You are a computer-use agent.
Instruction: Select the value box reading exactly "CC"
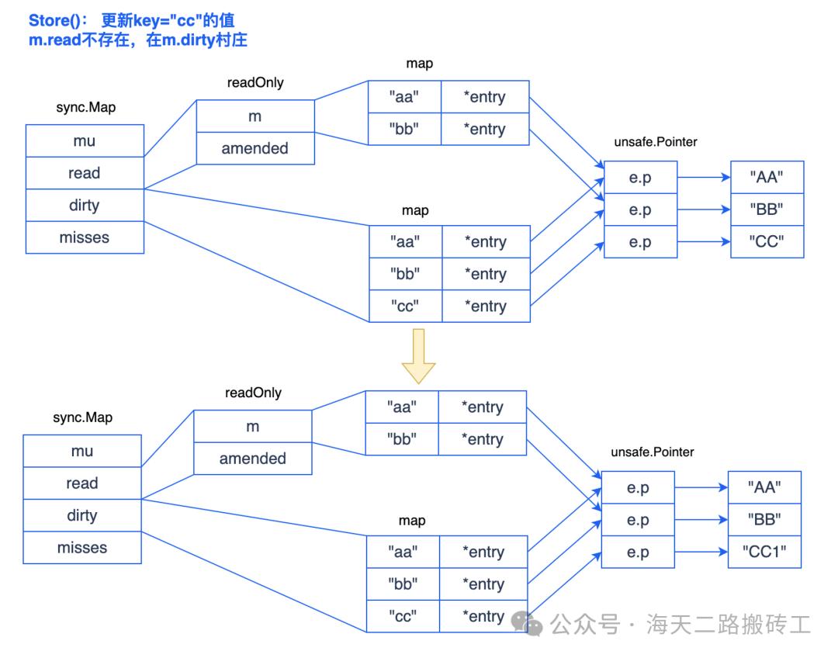point(767,242)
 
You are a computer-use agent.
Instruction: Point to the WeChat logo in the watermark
point(532,622)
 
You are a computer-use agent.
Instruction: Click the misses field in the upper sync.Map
point(85,237)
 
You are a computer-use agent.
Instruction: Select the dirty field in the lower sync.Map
point(82,515)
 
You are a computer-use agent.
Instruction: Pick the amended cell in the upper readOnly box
point(255,148)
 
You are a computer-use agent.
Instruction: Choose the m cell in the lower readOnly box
point(253,426)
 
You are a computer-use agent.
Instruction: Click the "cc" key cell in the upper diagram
point(404,306)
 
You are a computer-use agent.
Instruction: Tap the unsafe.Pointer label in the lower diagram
point(653,452)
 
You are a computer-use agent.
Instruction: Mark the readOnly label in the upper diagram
point(255,84)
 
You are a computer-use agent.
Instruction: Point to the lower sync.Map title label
point(82,417)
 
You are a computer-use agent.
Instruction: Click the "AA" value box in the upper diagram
point(767,178)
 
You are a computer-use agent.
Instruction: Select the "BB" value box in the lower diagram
point(764,519)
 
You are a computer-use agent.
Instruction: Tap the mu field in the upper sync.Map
point(85,141)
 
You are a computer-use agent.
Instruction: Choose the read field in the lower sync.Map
point(82,483)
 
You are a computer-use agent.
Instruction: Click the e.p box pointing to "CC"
point(640,242)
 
